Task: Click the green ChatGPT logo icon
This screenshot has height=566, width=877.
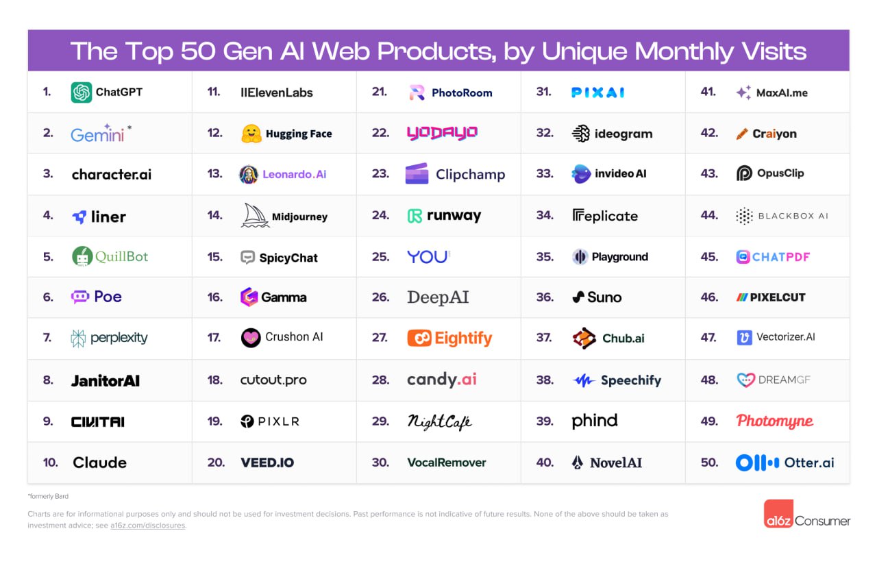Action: coord(82,93)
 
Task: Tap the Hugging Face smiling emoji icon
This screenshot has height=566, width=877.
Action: coord(251,134)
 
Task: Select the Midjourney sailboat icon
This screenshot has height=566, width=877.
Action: coord(255,216)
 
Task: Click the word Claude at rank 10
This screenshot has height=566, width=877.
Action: coord(100,463)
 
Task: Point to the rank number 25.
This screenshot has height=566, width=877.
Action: coord(380,257)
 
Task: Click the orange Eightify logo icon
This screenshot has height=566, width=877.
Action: coord(419,338)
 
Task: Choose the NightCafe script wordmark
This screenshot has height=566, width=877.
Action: coord(439,421)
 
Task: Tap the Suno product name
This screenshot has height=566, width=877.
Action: coord(604,297)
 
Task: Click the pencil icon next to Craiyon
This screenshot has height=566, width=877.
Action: coord(742,134)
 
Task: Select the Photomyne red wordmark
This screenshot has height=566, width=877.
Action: coord(775,421)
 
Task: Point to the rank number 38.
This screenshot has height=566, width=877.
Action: coord(545,380)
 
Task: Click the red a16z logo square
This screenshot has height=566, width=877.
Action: coord(779,514)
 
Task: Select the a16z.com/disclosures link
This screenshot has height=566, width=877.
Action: coord(148,526)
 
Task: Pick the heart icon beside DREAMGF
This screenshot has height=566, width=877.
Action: coord(745,380)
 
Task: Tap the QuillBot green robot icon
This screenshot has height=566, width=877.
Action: coord(82,256)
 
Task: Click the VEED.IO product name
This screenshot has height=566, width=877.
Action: coord(267,463)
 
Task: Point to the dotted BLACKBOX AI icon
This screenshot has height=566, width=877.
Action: coord(744,216)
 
